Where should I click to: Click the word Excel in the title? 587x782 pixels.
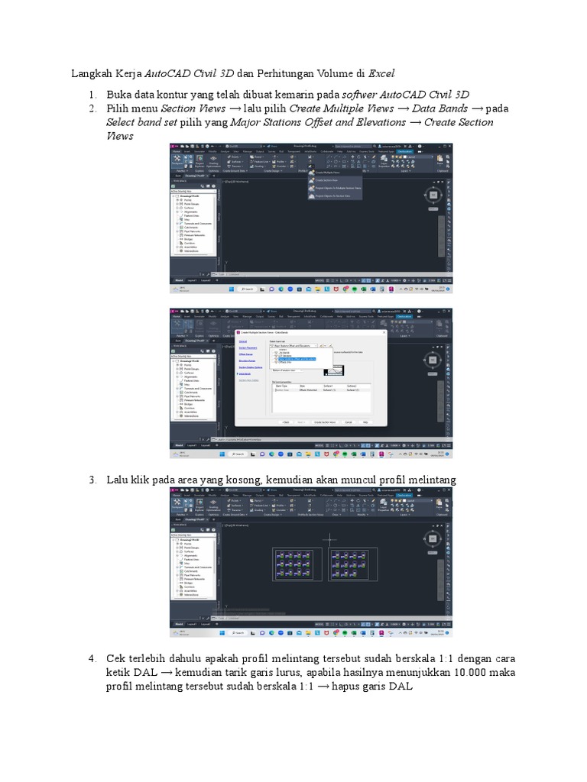(381, 74)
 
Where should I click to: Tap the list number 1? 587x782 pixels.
(92, 94)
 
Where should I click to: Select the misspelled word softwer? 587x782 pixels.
(362, 94)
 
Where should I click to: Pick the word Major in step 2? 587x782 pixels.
(245, 122)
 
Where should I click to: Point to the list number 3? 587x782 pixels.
(92, 480)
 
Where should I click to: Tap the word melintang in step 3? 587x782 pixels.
(431, 480)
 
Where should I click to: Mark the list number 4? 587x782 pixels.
(92, 658)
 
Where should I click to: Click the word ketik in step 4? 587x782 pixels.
(119, 672)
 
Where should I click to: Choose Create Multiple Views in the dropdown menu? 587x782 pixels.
(327, 173)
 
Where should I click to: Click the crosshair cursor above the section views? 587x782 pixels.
(330, 540)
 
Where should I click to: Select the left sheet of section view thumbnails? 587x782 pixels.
(290, 564)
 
